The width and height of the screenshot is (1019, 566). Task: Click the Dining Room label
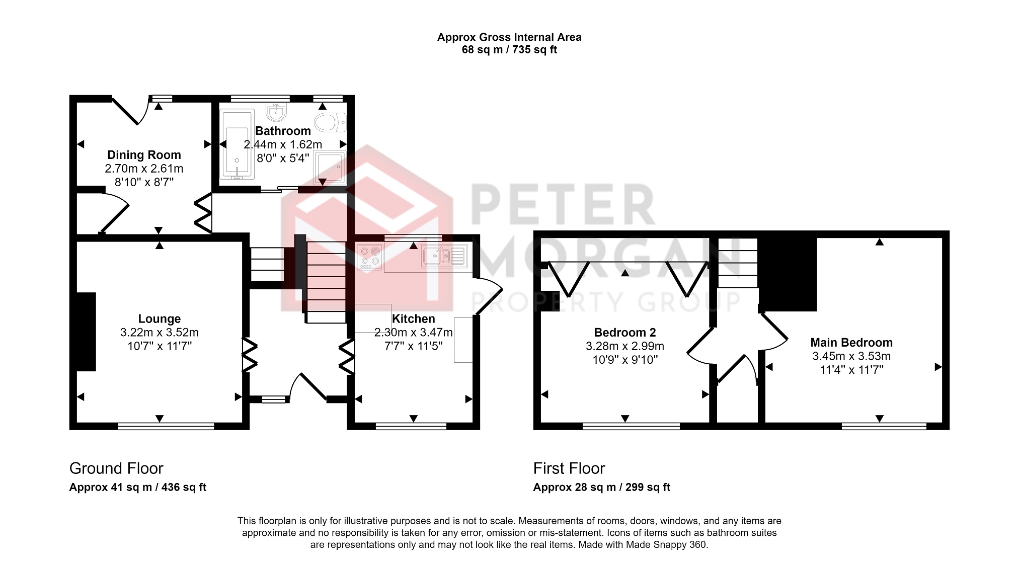[x=144, y=155]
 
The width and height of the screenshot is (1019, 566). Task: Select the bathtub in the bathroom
[x=237, y=144]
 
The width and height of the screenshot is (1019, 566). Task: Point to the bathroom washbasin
[x=276, y=112]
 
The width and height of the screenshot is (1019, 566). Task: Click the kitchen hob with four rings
[x=370, y=257]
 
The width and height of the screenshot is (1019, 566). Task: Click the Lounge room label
[x=160, y=319]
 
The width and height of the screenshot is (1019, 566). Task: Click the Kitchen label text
[x=413, y=319]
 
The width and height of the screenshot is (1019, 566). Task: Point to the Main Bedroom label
[x=851, y=343]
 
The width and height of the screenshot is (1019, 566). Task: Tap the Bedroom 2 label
[x=625, y=333]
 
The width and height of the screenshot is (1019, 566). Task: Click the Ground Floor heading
[x=116, y=468]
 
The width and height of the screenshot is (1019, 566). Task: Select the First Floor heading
[x=569, y=468]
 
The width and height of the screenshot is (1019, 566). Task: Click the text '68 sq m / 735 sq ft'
[x=509, y=50]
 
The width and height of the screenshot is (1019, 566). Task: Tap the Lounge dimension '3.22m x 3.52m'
[x=160, y=333]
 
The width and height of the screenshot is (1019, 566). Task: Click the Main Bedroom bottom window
[x=884, y=426]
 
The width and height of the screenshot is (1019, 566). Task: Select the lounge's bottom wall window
[x=166, y=426]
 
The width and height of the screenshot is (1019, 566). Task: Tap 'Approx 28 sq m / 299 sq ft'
[x=601, y=488]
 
